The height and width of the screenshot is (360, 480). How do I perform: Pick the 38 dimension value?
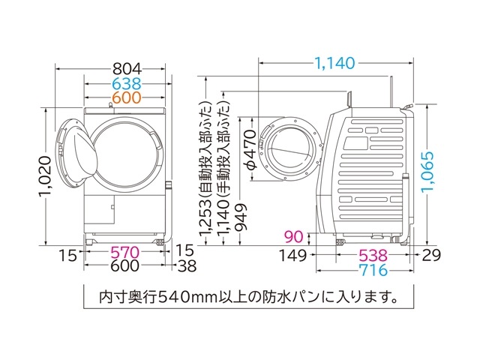pyautogui.click(x=187, y=267)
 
